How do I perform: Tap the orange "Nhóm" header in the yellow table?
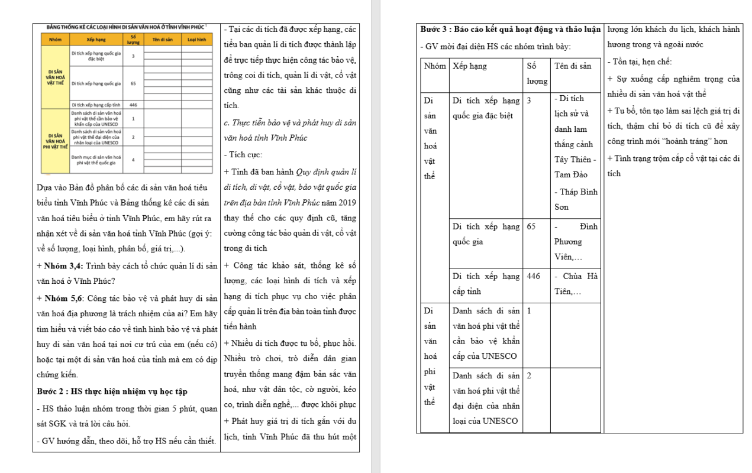coord(56,40)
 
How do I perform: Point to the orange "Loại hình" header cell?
coord(196,40)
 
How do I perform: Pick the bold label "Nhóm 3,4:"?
coord(66,265)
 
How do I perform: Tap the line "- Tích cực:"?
coord(243,155)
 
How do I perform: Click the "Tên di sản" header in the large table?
coord(573,66)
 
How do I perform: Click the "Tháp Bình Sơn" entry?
coord(575,200)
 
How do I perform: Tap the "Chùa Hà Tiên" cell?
coord(576,283)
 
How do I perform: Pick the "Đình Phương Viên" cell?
coord(576,241)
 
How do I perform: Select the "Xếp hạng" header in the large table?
coord(470,66)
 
